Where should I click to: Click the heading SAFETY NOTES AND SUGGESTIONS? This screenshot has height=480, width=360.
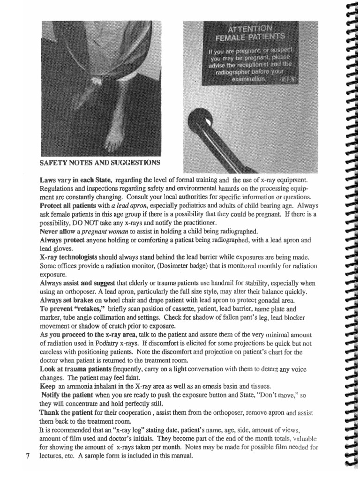[100, 163]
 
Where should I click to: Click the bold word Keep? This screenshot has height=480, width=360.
[47, 386]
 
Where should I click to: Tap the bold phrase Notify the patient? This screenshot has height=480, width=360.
[67, 395]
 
